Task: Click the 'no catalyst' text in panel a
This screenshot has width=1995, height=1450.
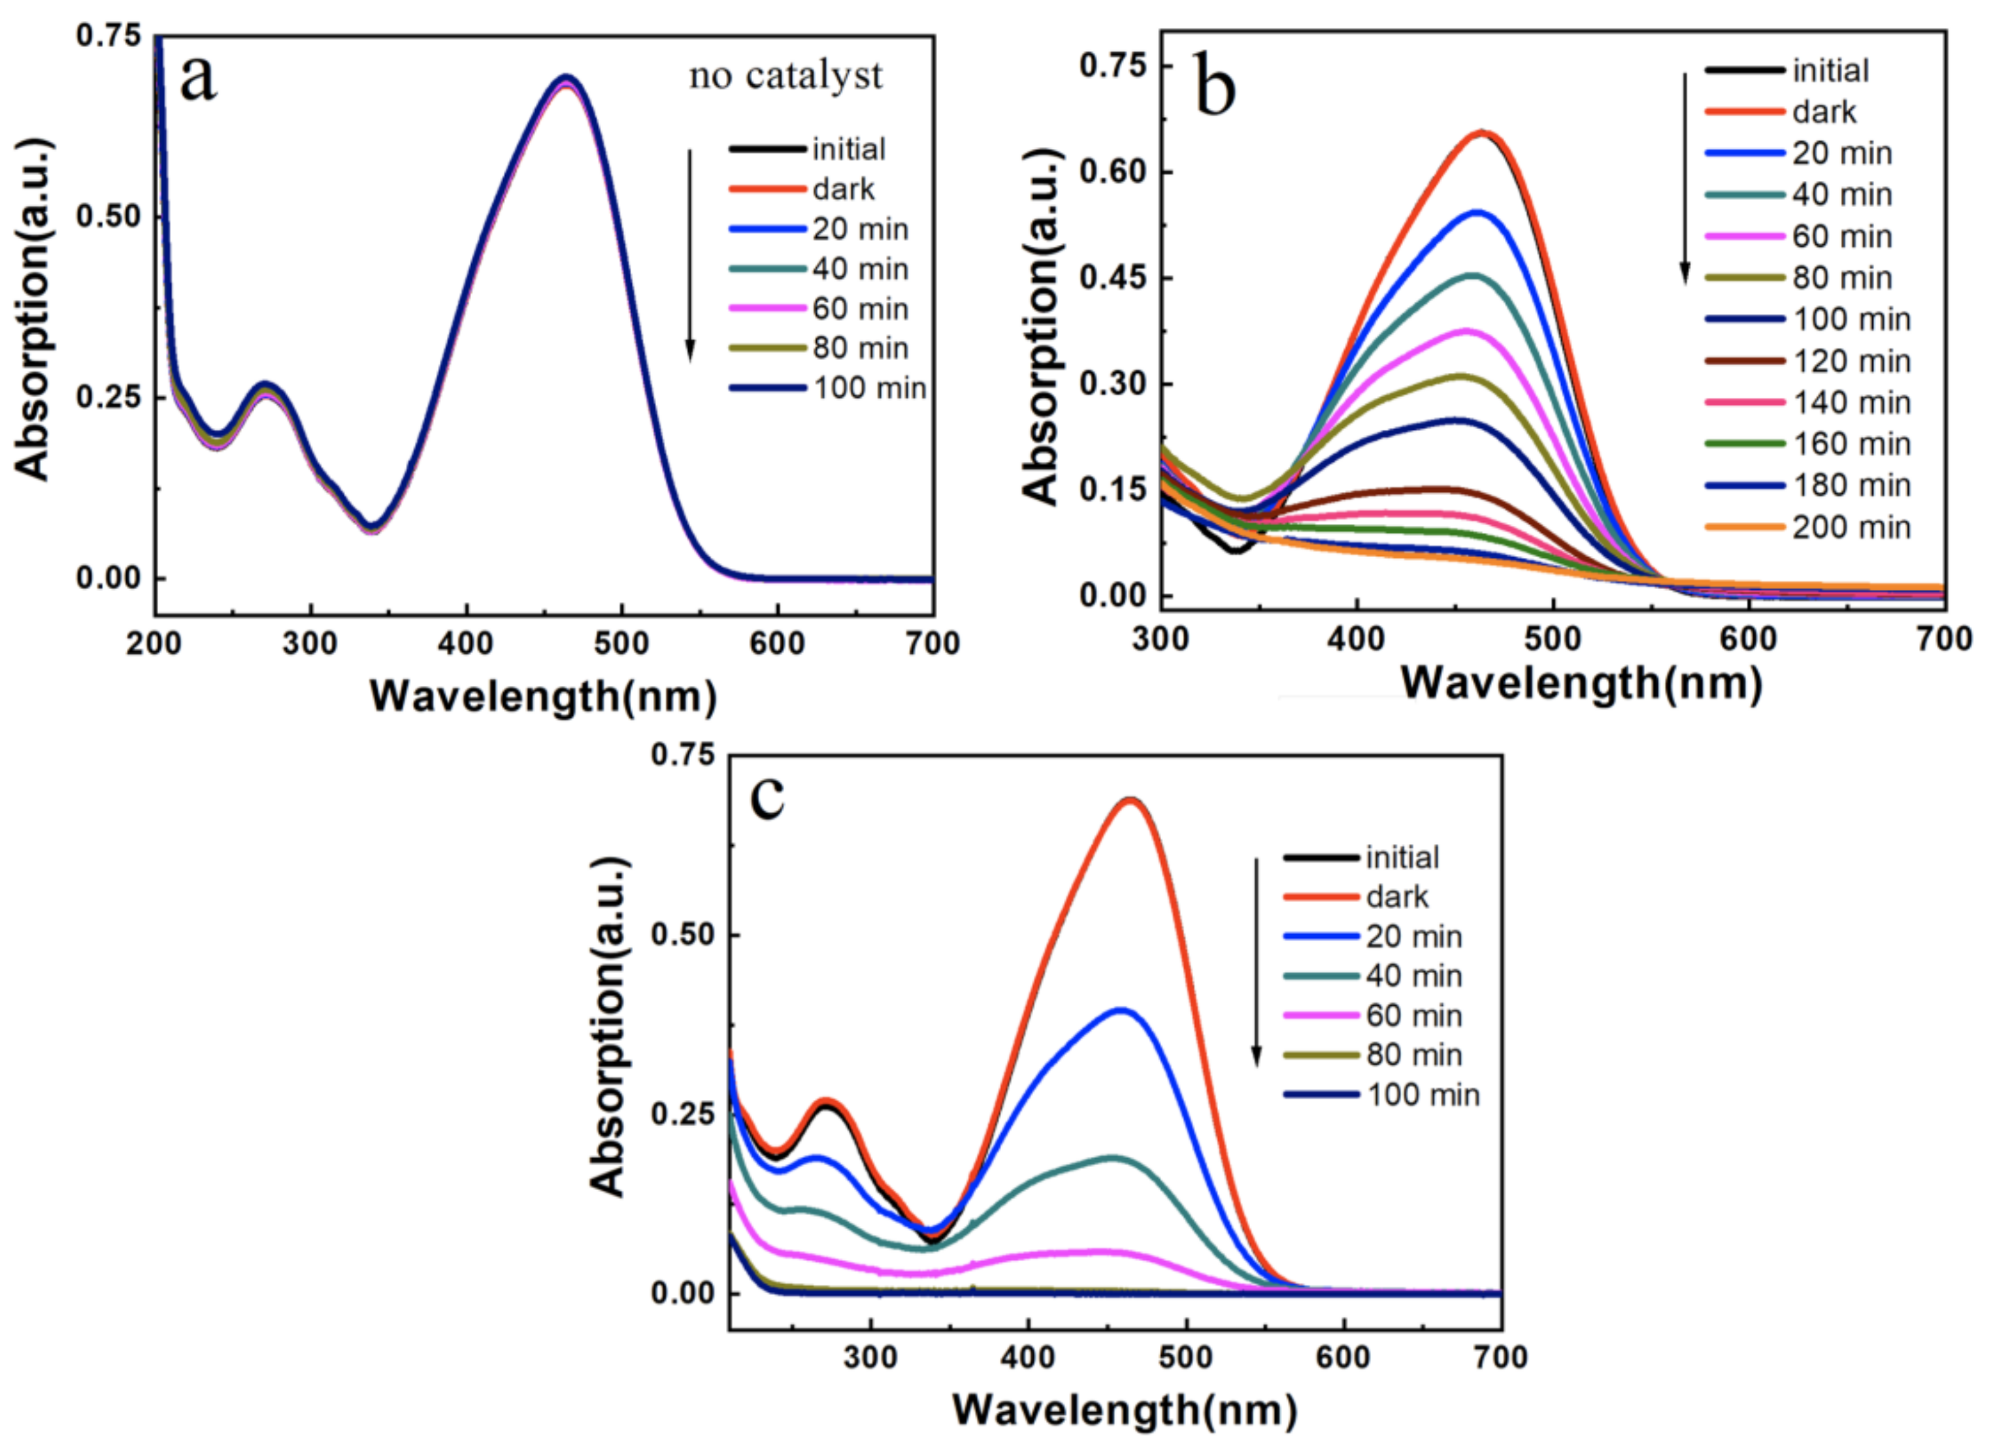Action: point(785,76)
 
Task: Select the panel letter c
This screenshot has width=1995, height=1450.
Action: point(767,796)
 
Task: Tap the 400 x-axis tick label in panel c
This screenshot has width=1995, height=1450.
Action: point(1027,1357)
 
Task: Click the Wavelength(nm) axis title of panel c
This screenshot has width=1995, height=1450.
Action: point(1124,1410)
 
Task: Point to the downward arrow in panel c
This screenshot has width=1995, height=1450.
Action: point(1256,963)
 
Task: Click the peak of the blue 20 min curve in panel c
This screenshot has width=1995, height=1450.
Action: point(1121,1010)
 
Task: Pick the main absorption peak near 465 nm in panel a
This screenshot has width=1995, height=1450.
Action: point(567,79)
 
